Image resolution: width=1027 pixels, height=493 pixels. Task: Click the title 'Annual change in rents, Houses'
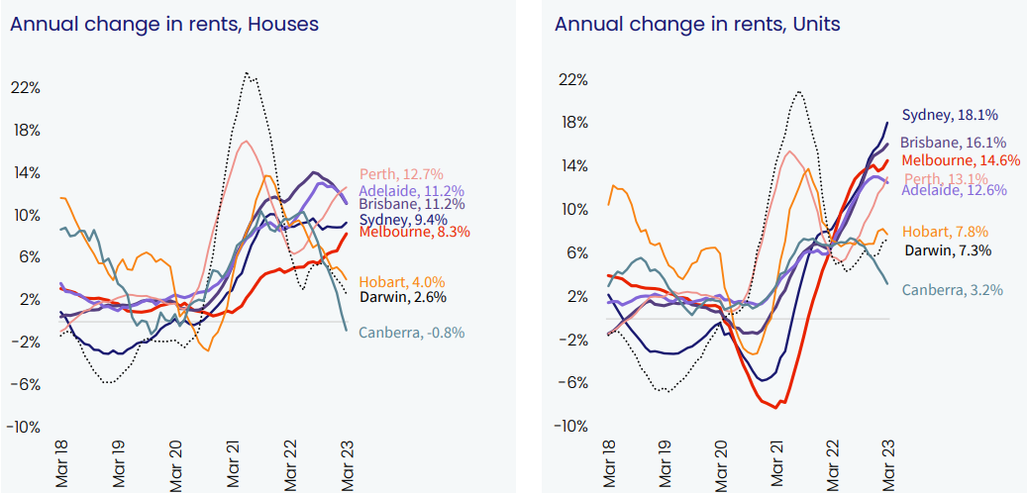164,24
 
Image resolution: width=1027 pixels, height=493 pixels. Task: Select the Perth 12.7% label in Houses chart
402,175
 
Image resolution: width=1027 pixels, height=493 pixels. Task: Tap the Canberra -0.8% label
411,333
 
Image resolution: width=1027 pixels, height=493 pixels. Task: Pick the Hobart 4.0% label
402,281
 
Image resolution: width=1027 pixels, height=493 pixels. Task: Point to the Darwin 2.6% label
402,296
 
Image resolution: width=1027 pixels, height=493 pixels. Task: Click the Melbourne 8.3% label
414,233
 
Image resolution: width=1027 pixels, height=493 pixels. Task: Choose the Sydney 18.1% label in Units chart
949,116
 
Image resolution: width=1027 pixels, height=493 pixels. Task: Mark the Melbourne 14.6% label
961,160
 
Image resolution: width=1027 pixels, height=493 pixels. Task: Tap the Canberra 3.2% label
952,290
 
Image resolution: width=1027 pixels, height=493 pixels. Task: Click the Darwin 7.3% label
947,250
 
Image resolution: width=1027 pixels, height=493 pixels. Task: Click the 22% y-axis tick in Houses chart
26,88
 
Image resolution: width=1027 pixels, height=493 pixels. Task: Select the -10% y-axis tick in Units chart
572,427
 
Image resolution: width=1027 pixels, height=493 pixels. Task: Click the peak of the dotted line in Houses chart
247,73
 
